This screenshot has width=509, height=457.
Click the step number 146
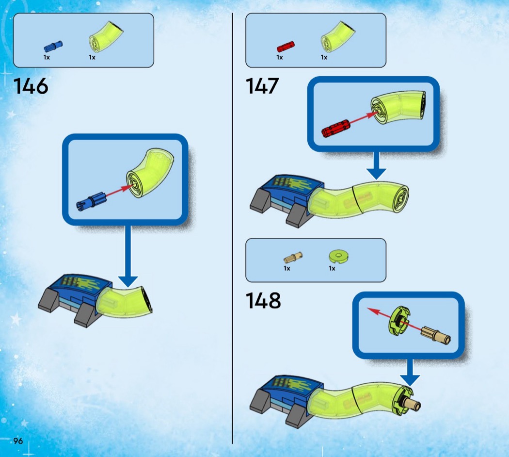pos(31,86)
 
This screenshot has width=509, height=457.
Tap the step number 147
pos(262,86)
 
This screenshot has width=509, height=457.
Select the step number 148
pos(263,300)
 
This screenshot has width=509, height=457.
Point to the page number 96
pos(18,441)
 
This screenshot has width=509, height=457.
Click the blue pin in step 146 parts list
pos(53,47)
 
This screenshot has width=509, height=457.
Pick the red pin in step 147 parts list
pos(286,47)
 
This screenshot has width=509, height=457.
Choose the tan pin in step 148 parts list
pos(293,258)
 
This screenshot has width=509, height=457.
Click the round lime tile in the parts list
pos(338,256)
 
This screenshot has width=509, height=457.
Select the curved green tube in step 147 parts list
pos(337,37)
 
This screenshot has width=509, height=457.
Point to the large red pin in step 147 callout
pos(335,128)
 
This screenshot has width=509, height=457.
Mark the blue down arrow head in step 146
pos(128,281)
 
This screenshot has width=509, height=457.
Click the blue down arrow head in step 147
pos(376,174)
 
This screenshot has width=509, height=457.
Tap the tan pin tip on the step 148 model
pos(417,405)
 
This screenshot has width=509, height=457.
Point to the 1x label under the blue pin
pos(47,58)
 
